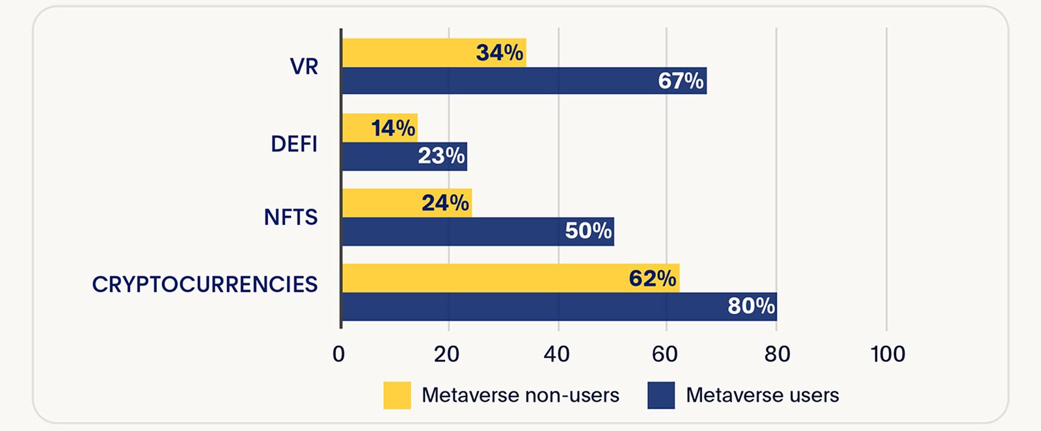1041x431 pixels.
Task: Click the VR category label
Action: pyautogui.click(x=304, y=67)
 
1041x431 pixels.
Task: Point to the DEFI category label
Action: pyautogui.click(x=294, y=144)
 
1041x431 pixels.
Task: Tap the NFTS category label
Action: pyautogui.click(x=291, y=217)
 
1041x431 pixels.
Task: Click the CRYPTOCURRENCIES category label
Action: pyautogui.click(x=205, y=285)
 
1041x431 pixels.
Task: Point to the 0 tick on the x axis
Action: pyautogui.click(x=339, y=354)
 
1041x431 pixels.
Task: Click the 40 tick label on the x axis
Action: pyautogui.click(x=557, y=354)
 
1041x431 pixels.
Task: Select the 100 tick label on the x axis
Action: pyautogui.click(x=887, y=354)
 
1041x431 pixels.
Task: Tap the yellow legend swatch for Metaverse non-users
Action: pyautogui.click(x=397, y=395)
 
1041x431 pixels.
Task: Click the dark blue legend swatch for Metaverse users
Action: pyautogui.click(x=661, y=395)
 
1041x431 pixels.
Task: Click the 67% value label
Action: pyautogui.click(x=681, y=81)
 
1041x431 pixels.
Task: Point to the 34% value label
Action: pyautogui.click(x=499, y=53)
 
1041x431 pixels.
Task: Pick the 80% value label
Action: pyautogui.click(x=751, y=306)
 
